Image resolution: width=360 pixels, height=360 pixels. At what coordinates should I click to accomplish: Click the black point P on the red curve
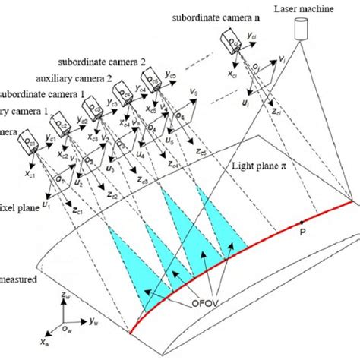[302, 222]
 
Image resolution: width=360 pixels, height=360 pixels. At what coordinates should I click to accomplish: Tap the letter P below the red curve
[302, 235]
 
